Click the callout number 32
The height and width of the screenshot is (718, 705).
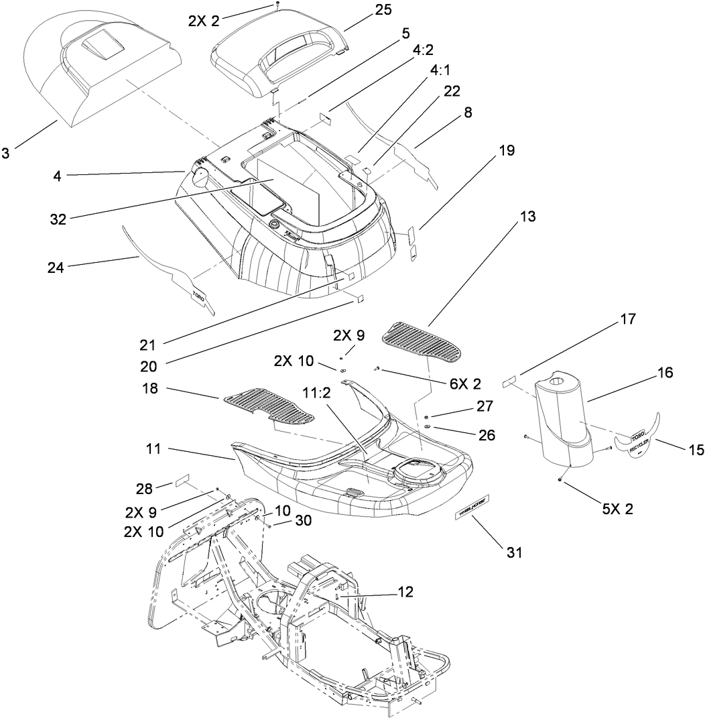click(58, 219)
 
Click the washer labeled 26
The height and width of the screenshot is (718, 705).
click(427, 428)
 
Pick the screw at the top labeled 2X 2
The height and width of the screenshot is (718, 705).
click(277, 5)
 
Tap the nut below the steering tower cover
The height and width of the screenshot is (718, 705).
click(560, 480)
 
